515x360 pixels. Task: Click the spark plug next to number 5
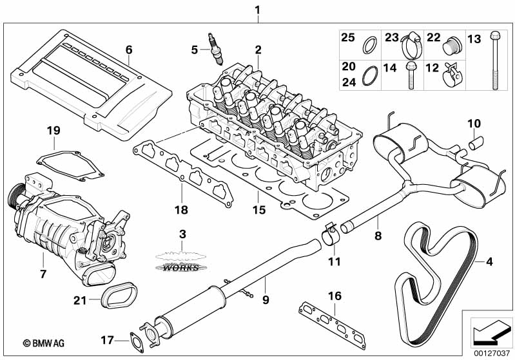coord(217,48)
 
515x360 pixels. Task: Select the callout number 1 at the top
coord(257,10)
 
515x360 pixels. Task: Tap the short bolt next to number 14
coord(411,77)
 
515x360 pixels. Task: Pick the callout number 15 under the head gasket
coord(258,211)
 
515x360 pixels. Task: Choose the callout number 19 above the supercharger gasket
coord(53,131)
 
